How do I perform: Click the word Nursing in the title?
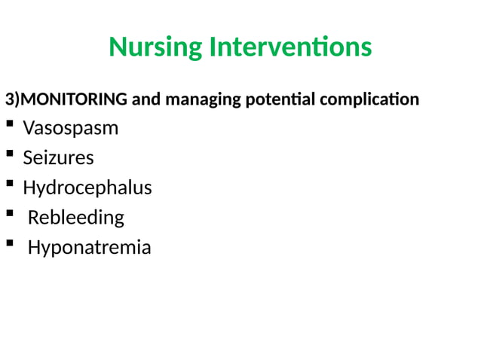[x=156, y=47]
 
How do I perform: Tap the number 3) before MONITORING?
[x=11, y=99]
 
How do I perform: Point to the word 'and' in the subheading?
[x=144, y=99]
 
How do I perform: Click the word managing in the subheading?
[x=200, y=99]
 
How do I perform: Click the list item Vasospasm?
[x=70, y=128]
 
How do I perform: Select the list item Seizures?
[x=58, y=158]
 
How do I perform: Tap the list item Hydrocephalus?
[x=87, y=188]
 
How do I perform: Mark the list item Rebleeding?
[x=75, y=218]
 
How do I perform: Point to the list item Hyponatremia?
[x=89, y=247]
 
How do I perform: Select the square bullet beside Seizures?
[x=9, y=155]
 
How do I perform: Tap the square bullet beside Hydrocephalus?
[x=9, y=185]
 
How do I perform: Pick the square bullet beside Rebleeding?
[x=9, y=215]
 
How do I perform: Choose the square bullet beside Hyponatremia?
[x=9, y=244]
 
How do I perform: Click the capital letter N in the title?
[x=118, y=47]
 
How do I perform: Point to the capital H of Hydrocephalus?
[x=29, y=188]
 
